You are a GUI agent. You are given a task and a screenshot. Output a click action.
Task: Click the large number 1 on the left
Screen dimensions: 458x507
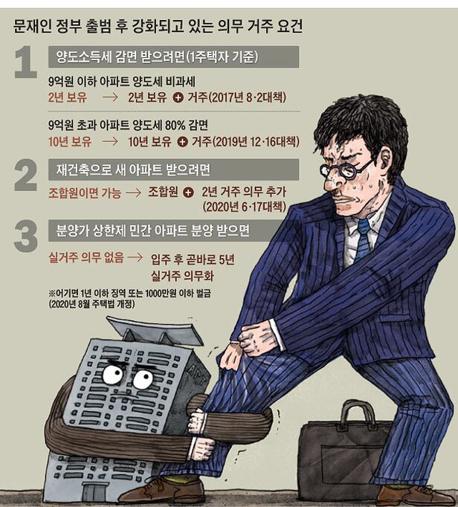pyautogui.click(x=26, y=62)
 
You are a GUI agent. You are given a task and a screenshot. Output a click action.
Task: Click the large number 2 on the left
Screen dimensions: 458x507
pyautogui.click(x=26, y=175)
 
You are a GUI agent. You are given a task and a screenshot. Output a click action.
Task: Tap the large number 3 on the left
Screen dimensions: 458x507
pyautogui.click(x=26, y=236)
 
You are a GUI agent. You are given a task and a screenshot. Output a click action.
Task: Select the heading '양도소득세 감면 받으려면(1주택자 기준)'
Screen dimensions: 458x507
pyautogui.click(x=157, y=57)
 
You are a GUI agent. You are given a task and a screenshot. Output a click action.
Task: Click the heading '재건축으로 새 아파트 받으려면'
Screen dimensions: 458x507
pyautogui.click(x=133, y=169)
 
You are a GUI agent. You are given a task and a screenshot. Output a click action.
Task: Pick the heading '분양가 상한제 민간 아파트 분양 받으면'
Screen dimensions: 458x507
pyautogui.click(x=153, y=230)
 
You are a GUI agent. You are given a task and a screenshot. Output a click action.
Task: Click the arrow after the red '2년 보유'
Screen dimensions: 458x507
pyautogui.click(x=110, y=97)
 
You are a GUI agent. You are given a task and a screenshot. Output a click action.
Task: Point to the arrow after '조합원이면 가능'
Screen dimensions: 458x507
pyautogui.click(x=134, y=193)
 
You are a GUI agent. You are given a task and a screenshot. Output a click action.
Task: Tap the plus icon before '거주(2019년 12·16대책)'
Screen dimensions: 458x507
pyautogui.click(x=183, y=142)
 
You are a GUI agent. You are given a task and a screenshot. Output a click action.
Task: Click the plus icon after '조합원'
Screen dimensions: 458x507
pyautogui.click(x=188, y=193)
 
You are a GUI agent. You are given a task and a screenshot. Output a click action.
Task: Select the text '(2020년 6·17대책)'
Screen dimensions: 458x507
pyautogui.click(x=245, y=207)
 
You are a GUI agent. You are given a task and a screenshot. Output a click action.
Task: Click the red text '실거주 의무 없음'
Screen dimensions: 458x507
pyautogui.click(x=86, y=257)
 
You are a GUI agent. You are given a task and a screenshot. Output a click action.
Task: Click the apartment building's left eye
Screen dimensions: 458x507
pyautogui.click(x=113, y=374)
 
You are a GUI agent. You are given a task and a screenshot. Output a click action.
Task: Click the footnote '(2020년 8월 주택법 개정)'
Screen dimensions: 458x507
pyautogui.click(x=92, y=304)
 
